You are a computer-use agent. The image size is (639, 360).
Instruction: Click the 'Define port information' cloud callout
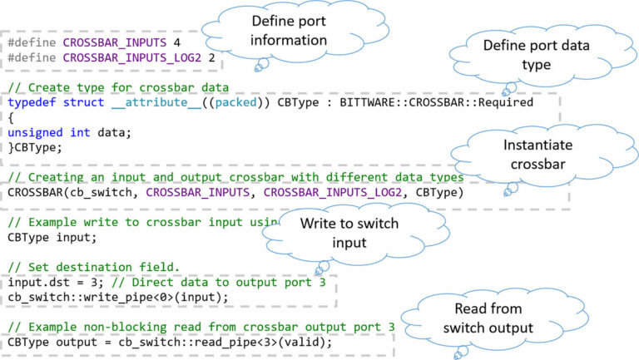pos(288,32)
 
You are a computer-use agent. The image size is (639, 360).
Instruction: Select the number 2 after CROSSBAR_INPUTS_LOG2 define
pos(211,57)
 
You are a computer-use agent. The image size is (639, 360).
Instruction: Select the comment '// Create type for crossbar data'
pos(117,87)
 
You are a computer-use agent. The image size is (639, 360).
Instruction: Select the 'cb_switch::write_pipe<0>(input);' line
pos(116,297)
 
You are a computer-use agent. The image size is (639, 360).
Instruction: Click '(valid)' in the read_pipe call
pos(307,342)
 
